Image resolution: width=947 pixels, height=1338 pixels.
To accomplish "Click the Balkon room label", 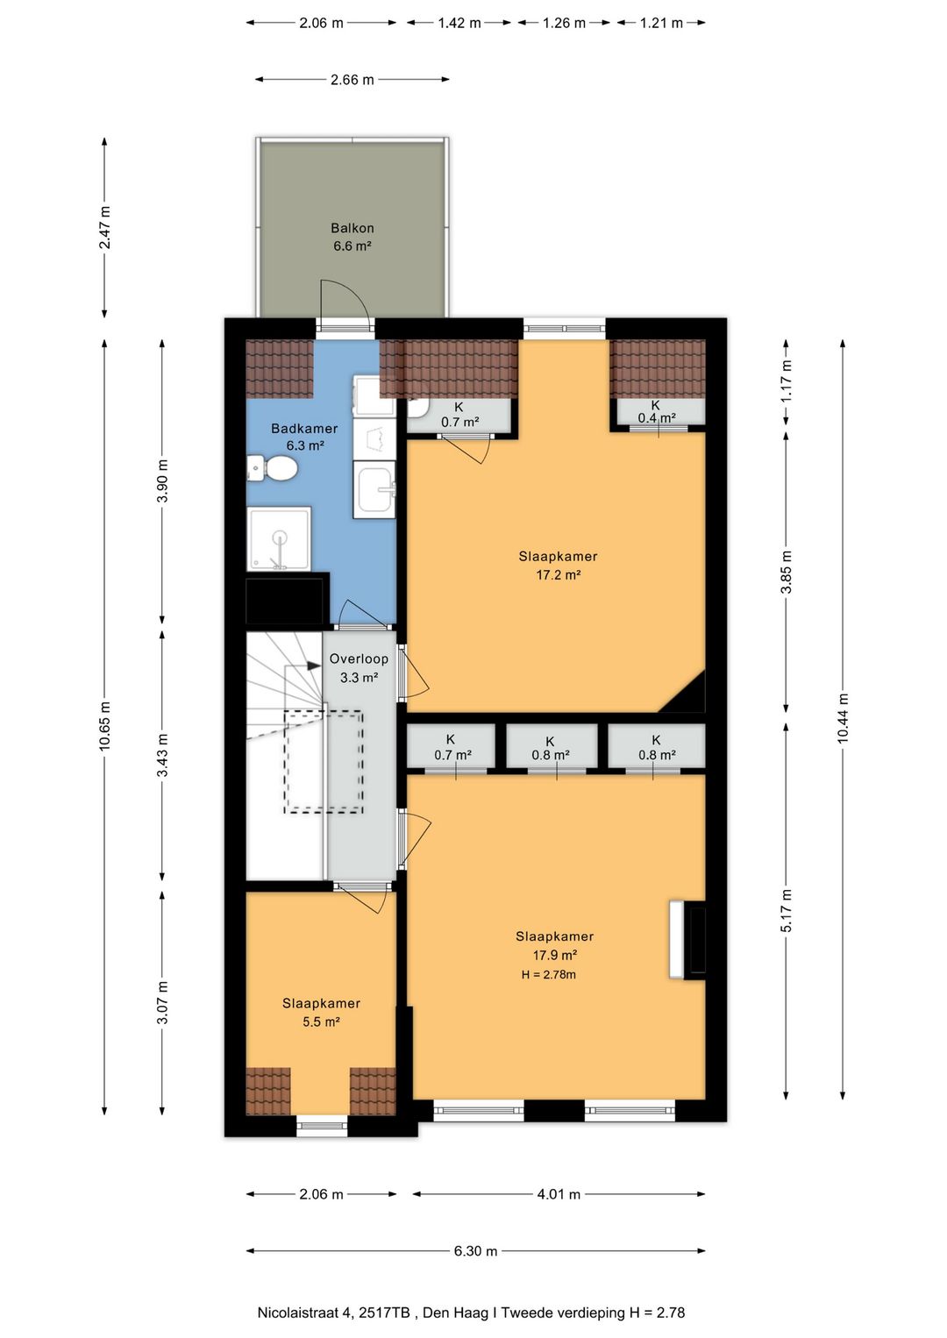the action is pos(352,228).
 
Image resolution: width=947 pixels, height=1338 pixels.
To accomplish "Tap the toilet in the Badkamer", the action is pos(273,467).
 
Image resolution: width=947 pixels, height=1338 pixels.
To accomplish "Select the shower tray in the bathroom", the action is pos(279,538).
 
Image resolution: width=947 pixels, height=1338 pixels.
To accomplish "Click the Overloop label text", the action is pos(359,658).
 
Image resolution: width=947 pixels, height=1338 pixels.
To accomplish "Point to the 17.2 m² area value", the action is pos(558,574).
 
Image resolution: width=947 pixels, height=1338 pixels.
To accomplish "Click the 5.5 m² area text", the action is pos(321,1021).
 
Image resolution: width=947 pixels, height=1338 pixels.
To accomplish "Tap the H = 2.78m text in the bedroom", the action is pos(549,975).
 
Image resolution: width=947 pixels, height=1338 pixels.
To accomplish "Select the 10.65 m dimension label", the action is pos(105,725).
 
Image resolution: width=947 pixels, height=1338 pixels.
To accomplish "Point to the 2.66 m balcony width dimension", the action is pos(352,80).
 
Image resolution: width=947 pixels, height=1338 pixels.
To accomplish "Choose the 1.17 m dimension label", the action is pos(787,381).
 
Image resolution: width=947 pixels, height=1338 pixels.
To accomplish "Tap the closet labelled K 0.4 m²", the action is pos(657,412).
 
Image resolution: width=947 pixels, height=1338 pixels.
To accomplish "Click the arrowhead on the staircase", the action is pos(314,665).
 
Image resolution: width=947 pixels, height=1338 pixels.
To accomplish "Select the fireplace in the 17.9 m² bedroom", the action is pos(687,940).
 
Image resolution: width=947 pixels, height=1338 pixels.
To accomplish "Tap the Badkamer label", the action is pos(304,428).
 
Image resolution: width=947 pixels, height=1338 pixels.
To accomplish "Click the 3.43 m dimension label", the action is pos(162,756).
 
